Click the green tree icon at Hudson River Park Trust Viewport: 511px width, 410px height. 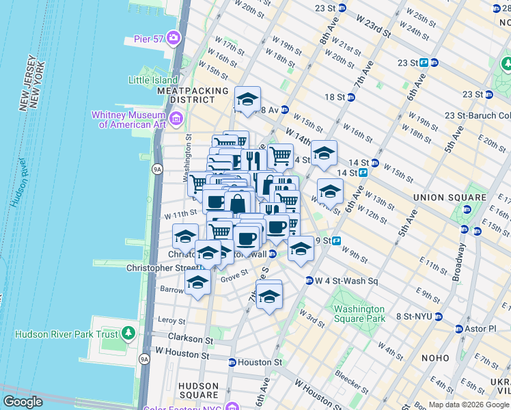[x=128, y=334]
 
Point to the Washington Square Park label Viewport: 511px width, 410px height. [x=359, y=314]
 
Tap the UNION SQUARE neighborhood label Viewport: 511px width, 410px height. [x=448, y=197]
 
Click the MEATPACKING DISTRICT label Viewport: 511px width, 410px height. [x=193, y=95]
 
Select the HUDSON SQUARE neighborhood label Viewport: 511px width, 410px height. [x=198, y=390]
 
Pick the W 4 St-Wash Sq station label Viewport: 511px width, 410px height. [x=346, y=280]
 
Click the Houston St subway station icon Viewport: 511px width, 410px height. [x=232, y=362]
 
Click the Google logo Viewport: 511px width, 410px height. [x=23, y=401]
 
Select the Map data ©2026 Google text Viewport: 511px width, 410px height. [x=469, y=405]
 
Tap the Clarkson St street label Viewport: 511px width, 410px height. [x=186, y=339]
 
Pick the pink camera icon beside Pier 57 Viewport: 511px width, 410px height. [x=175, y=37]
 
